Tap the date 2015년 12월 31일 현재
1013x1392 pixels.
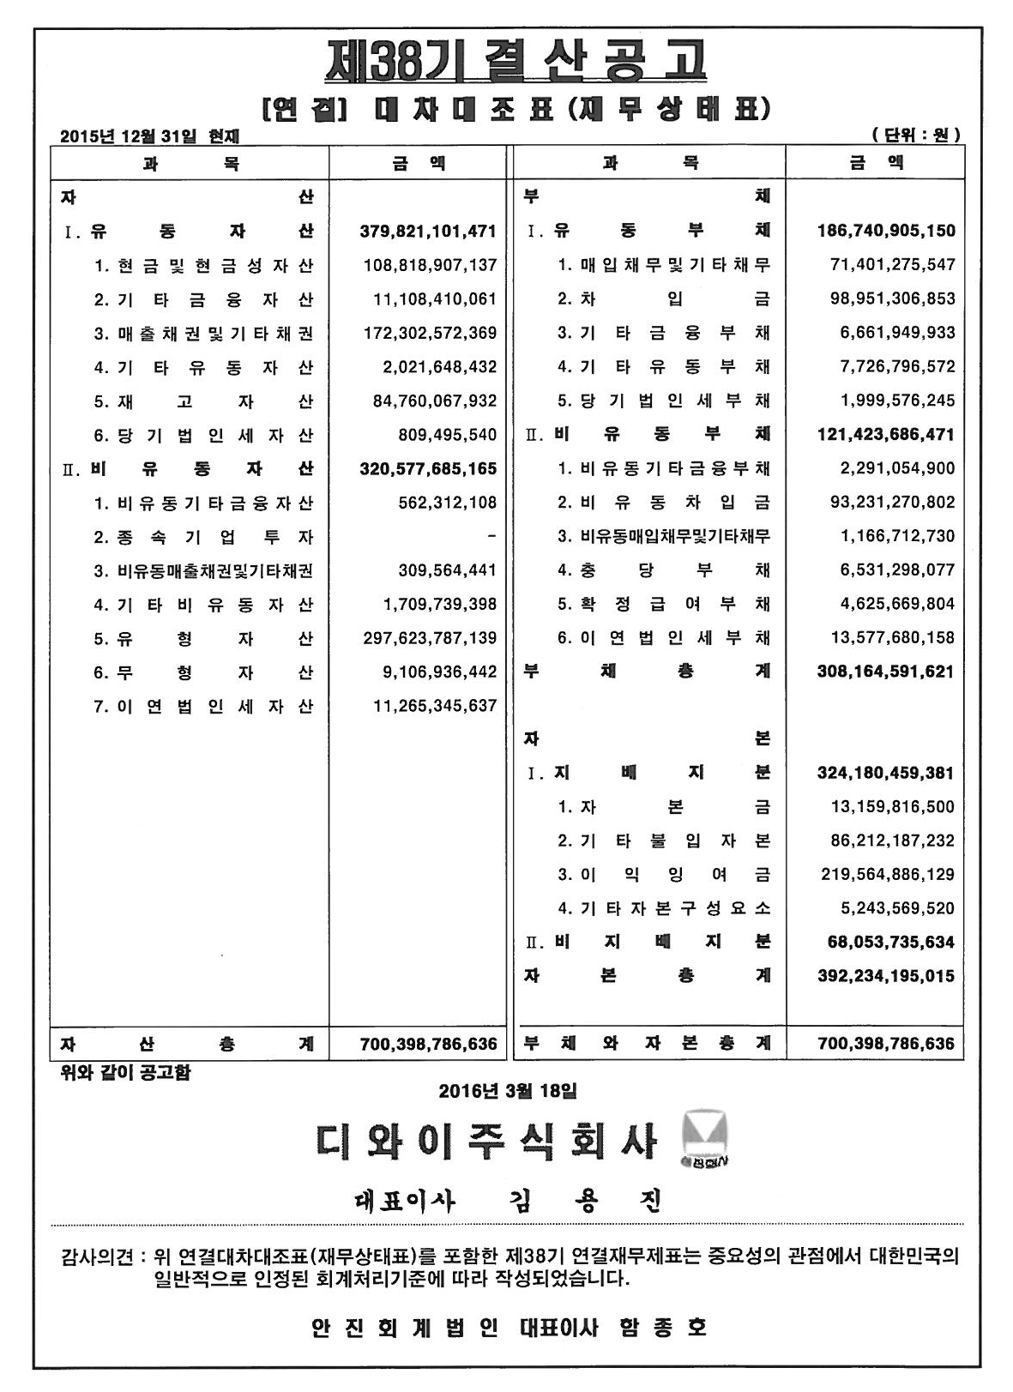[x=151, y=136]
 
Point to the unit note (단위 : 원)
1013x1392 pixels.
[x=915, y=135]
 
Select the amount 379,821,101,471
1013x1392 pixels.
[x=429, y=231]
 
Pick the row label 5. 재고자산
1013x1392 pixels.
[x=203, y=401]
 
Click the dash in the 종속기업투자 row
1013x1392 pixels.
[x=491, y=537]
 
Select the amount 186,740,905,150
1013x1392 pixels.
[x=886, y=231]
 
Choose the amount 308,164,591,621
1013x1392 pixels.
[x=886, y=672]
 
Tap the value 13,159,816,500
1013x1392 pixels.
[x=892, y=807]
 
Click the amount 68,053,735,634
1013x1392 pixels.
[x=891, y=943]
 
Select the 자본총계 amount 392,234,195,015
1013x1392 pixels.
[x=886, y=976]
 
